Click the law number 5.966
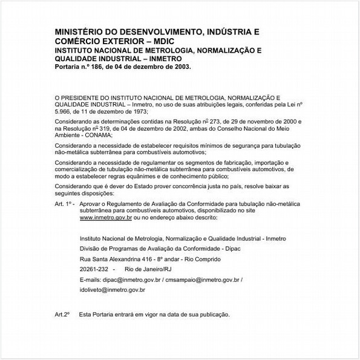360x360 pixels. coord(65,111)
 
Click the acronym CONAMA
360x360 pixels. coord(92,136)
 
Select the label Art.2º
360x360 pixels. coord(63,315)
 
